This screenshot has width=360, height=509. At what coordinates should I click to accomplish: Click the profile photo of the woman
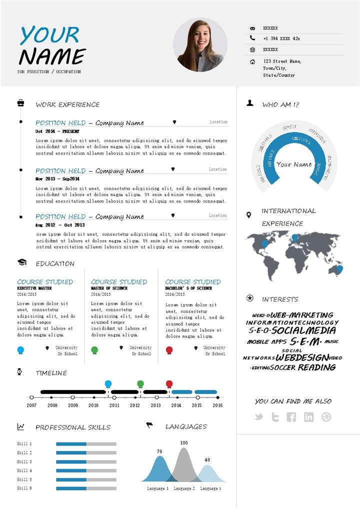(x=200, y=45)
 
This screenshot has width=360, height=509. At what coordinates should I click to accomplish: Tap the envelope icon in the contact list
(x=252, y=28)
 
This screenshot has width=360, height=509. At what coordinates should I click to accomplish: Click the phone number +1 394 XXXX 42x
(x=281, y=38)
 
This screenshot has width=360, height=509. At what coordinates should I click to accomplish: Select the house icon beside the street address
(x=252, y=61)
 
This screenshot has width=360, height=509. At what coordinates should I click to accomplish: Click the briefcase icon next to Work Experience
(x=21, y=103)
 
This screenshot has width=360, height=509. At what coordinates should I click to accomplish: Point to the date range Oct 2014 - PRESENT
(x=57, y=131)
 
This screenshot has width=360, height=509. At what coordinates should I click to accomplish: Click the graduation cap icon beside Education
(x=21, y=262)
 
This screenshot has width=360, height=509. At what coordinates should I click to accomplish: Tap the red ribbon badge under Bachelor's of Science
(x=169, y=350)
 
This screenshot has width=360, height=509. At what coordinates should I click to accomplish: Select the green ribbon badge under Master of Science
(x=95, y=350)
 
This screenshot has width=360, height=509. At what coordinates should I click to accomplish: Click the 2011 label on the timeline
(x=114, y=405)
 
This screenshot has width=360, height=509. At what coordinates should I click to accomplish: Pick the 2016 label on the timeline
(x=217, y=405)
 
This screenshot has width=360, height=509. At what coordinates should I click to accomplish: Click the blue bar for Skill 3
(x=71, y=461)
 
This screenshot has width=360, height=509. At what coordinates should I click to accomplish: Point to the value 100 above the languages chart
(x=184, y=443)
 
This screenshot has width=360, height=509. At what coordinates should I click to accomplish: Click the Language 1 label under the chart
(x=157, y=488)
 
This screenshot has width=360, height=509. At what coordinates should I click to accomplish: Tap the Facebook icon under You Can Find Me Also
(x=291, y=417)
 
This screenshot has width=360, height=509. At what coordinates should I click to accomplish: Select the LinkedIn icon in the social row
(x=309, y=417)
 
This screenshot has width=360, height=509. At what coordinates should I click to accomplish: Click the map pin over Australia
(x=340, y=269)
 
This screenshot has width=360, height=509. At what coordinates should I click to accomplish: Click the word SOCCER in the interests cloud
(x=283, y=367)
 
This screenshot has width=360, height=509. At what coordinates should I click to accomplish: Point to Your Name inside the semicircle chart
(x=294, y=164)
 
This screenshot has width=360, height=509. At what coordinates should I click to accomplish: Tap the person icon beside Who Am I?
(x=250, y=103)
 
